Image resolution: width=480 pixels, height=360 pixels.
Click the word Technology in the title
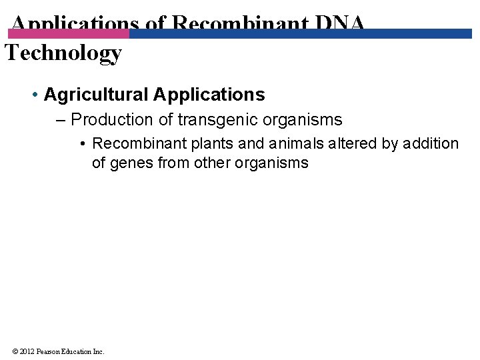click(x=63, y=53)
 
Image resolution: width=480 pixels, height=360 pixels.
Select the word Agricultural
click(x=96, y=95)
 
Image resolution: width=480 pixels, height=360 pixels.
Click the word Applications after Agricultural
click(x=209, y=95)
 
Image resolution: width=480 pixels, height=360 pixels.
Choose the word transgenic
click(x=210, y=120)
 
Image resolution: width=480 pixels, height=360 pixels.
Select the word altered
click(x=354, y=144)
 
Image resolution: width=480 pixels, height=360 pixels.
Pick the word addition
click(x=431, y=144)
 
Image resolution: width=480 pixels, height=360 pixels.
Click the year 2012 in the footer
click(x=26, y=351)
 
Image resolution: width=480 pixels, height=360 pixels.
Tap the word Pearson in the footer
click(x=49, y=351)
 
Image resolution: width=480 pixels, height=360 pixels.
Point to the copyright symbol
click(x=15, y=351)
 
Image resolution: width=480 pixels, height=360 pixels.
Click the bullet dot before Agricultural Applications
click(x=35, y=95)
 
